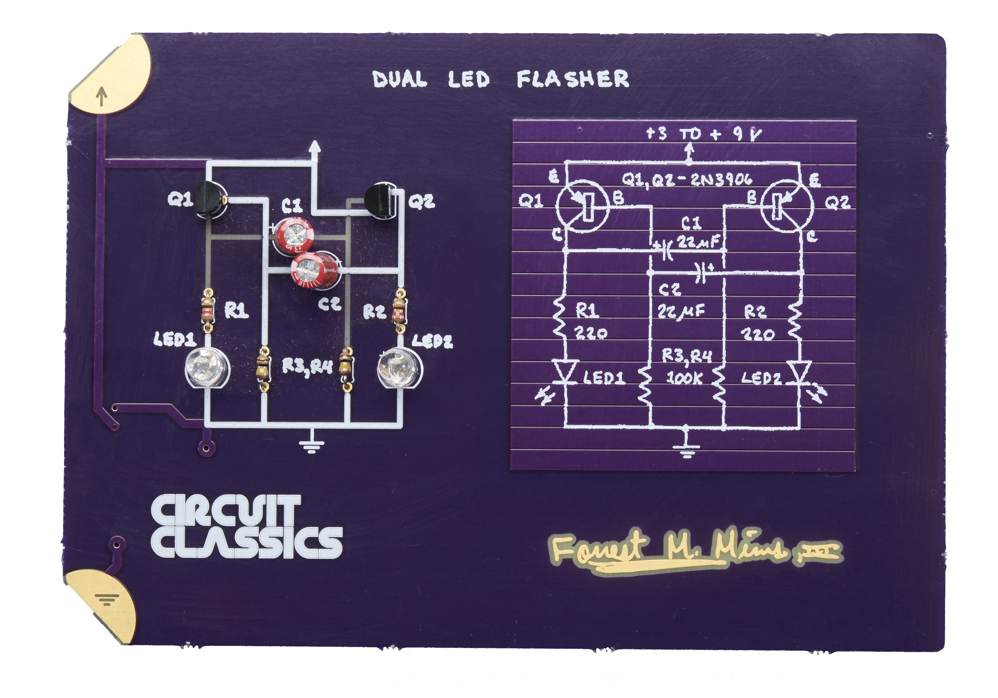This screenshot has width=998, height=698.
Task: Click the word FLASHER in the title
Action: (573, 79)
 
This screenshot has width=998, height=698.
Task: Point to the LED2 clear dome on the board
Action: (399, 368)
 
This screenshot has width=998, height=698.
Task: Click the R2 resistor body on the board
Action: (398, 308)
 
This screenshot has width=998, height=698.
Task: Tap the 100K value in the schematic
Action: (684, 378)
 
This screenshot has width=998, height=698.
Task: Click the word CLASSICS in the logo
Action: (247, 542)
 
